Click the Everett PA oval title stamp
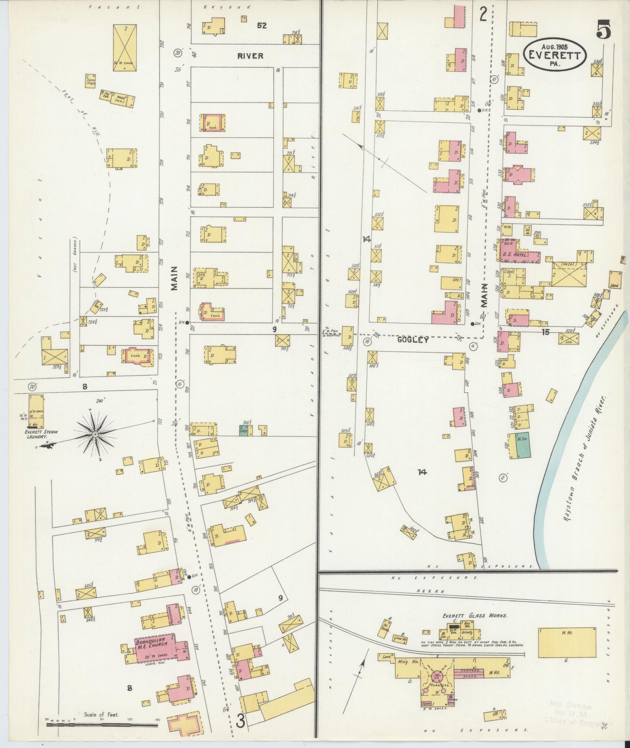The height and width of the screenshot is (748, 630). coord(555,55)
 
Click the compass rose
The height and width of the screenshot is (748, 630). coord(95,434)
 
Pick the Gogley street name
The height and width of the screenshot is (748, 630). coord(413,340)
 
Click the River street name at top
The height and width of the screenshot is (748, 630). coord(250,56)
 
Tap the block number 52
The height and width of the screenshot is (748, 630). coord(262,26)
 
